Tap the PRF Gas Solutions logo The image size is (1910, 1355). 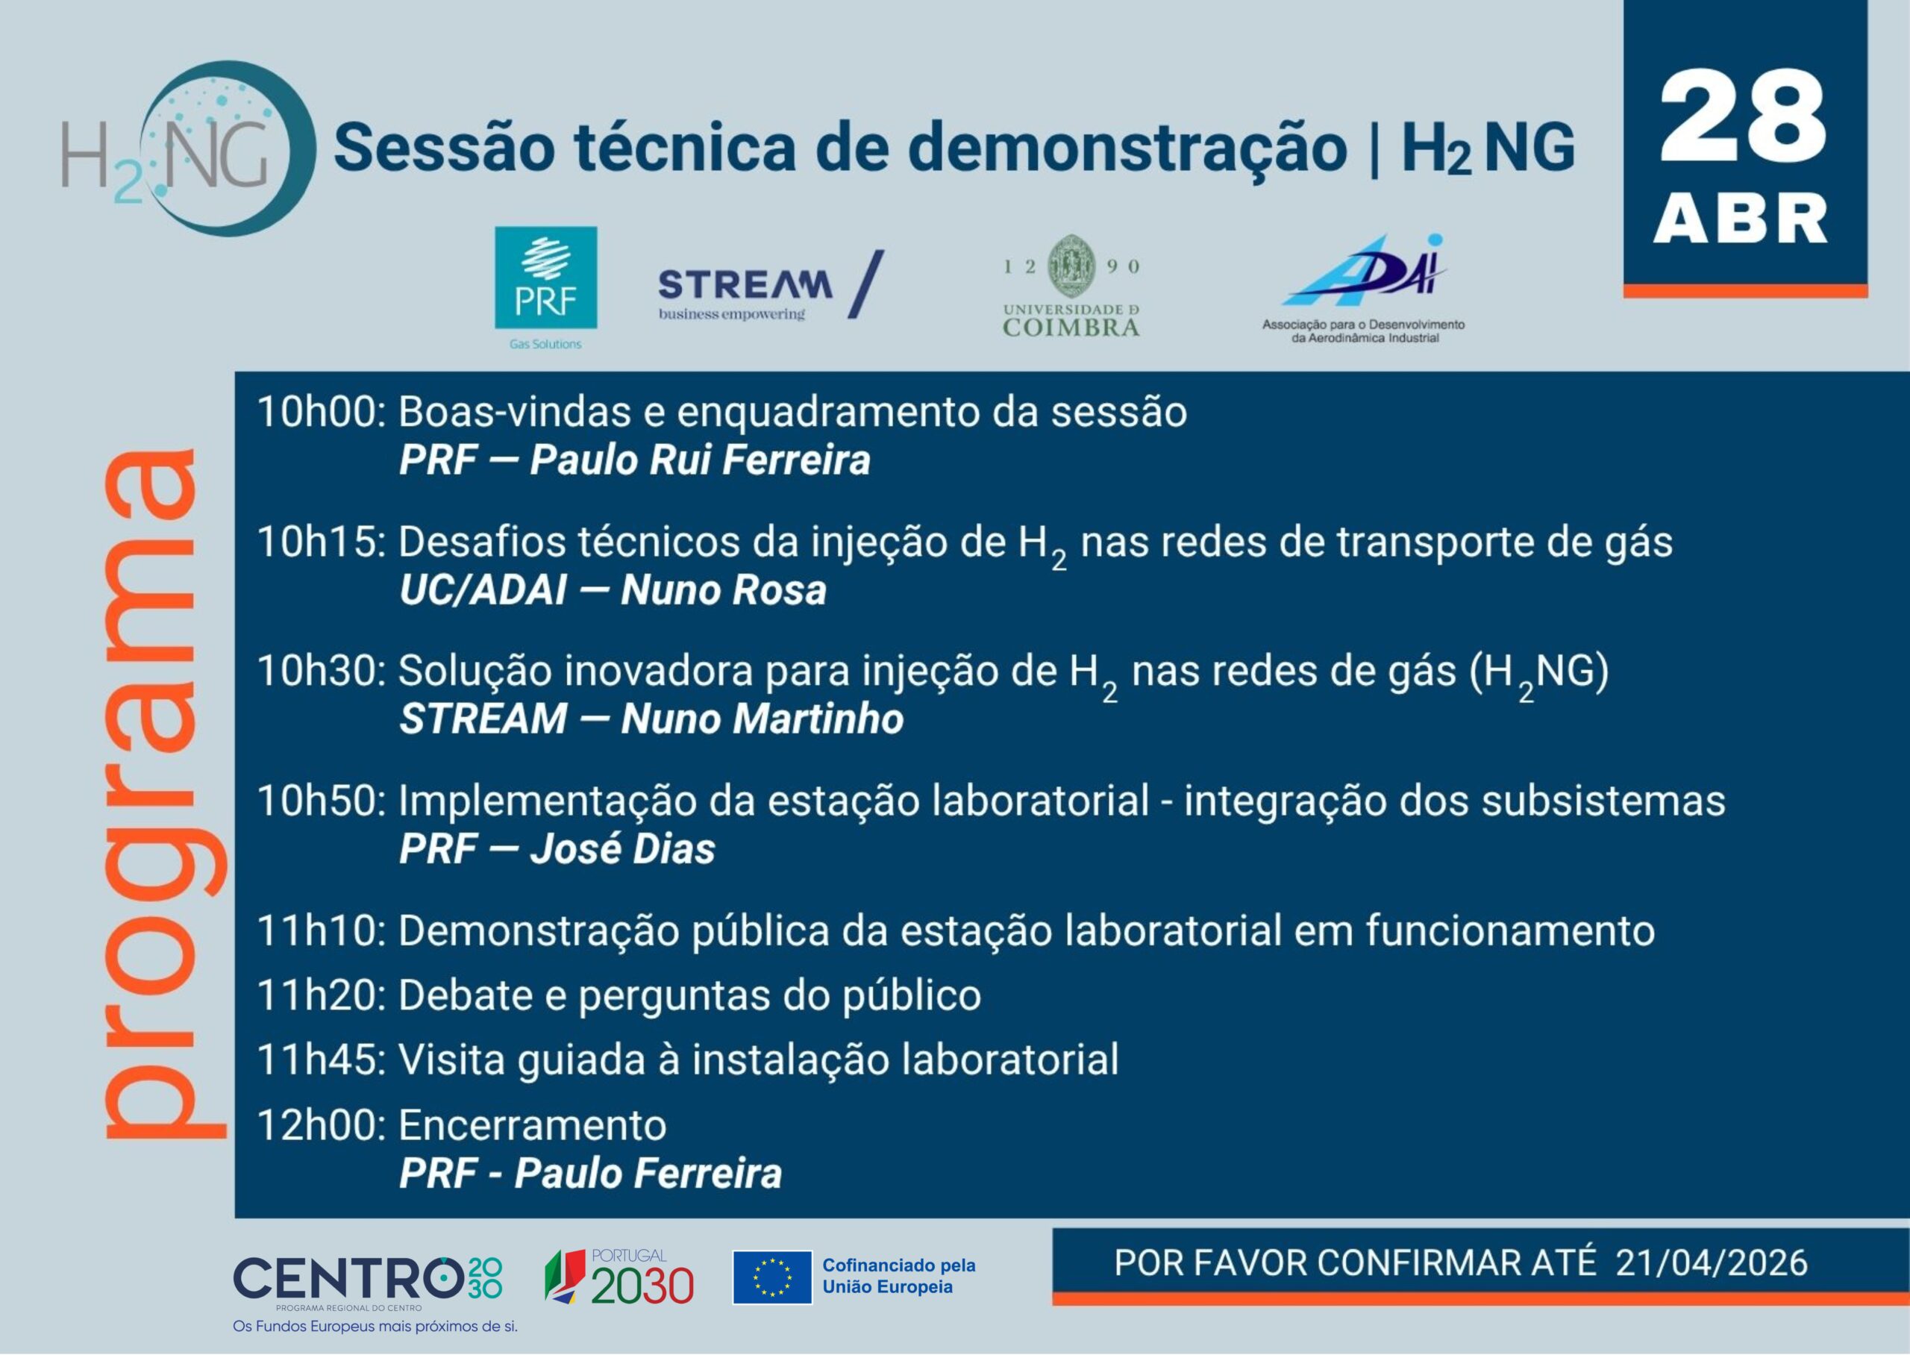[545, 289]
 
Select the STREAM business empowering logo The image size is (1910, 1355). [771, 285]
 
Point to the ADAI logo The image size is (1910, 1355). [1363, 289]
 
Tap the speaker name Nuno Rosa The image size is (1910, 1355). [723, 591]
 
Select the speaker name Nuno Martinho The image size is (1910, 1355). [762, 719]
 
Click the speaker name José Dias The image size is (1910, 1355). [622, 849]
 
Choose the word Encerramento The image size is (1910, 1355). [532, 1125]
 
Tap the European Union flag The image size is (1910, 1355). [772, 1277]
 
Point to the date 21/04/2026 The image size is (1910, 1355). [1711, 1263]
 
